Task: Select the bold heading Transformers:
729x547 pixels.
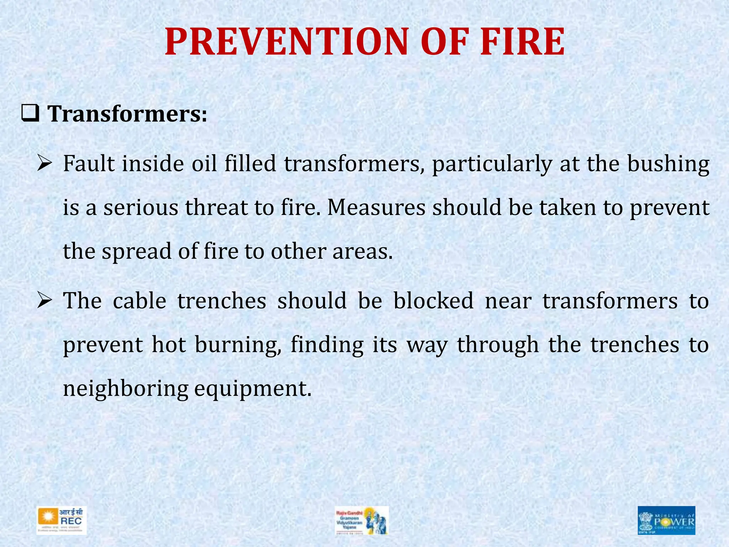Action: click(x=127, y=114)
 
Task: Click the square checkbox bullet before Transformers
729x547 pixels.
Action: click(x=30, y=115)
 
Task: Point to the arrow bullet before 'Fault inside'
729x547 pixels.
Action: click(x=45, y=164)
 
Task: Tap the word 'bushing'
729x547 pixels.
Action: click(x=668, y=165)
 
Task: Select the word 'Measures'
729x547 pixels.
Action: click(x=376, y=208)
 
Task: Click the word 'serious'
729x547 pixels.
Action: click(x=141, y=208)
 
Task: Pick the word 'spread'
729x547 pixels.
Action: click(x=137, y=251)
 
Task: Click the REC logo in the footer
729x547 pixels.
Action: click(x=62, y=521)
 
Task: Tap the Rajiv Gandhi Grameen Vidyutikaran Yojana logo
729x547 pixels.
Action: click(x=361, y=521)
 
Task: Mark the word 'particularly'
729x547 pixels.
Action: click(x=492, y=165)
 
